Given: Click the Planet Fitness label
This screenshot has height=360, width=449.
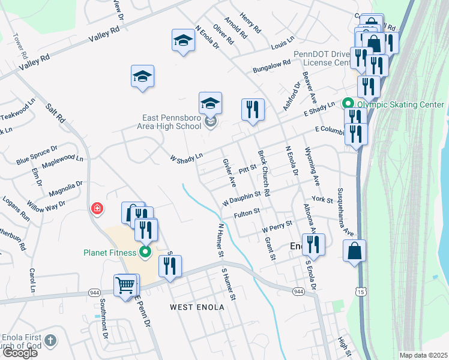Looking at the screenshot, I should (110, 253).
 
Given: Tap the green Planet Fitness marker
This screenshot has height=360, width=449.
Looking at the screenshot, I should (145, 253).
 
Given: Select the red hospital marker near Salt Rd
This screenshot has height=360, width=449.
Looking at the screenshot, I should (96, 209).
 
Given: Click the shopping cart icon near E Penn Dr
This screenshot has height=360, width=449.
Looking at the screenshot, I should (125, 285).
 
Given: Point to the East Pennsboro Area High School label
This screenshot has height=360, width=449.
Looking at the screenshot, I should (164, 122).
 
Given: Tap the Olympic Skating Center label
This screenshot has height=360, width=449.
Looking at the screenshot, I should (400, 104).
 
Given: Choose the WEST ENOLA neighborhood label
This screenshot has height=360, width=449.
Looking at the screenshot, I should (197, 307).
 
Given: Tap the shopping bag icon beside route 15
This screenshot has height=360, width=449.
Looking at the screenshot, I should (355, 250).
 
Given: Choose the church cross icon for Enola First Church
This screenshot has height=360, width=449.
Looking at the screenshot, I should (51, 341).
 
